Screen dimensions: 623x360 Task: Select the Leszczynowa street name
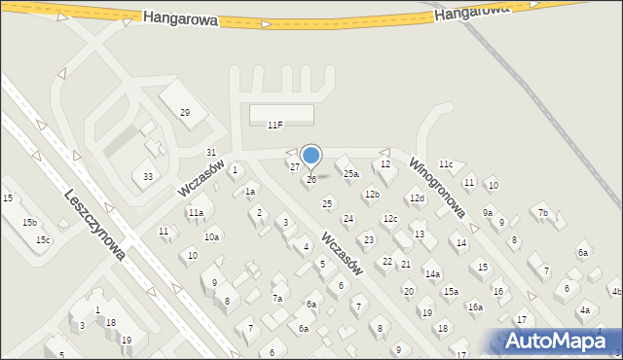(93, 224)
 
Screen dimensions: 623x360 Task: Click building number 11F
(275, 125)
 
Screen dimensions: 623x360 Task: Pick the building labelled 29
(184, 113)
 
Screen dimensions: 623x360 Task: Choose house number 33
(147, 176)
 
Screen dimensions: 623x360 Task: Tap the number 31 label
(211, 153)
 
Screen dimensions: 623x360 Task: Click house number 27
(295, 166)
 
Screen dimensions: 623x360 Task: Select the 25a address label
(351, 174)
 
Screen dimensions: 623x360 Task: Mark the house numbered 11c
(446, 164)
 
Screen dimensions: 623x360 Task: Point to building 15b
(30, 223)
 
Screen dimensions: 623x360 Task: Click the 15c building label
(43, 240)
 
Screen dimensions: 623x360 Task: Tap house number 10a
(211, 236)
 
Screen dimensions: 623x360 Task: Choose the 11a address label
(196, 212)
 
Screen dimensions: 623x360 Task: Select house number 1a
(250, 192)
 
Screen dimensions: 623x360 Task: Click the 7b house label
(543, 213)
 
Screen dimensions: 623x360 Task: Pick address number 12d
(417, 198)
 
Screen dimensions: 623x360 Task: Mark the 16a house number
(475, 306)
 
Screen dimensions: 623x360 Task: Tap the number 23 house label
(369, 239)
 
